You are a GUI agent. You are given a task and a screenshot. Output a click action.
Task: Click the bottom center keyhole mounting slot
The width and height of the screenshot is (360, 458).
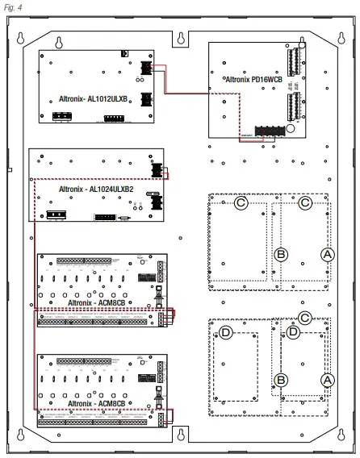click(182, 436)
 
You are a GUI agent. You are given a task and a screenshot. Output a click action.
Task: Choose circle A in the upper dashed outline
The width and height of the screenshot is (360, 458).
click(327, 253)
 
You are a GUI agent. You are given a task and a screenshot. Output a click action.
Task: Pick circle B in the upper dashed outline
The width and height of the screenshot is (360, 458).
click(281, 254)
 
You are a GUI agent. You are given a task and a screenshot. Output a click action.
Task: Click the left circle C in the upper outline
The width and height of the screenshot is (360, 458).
click(241, 203)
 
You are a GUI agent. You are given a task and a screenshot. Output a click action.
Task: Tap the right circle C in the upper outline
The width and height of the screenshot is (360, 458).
click(304, 203)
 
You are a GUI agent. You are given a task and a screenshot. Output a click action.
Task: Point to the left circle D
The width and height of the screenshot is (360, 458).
click(228, 332)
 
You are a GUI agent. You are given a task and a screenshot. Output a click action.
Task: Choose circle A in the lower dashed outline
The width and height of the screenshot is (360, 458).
click(327, 379)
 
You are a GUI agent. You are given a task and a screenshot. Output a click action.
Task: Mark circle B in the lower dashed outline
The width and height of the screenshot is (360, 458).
click(281, 379)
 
